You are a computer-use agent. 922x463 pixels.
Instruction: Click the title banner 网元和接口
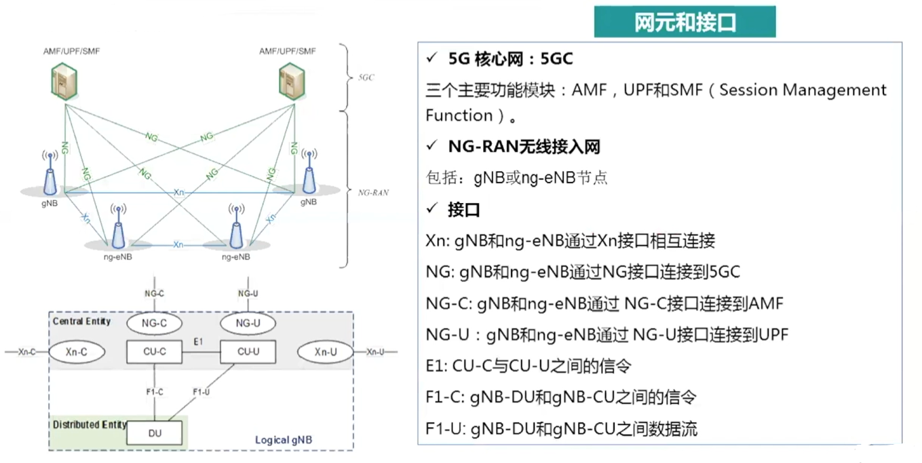(685, 23)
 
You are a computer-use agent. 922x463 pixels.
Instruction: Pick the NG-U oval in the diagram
(248, 323)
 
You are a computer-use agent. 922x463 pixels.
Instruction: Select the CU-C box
(155, 352)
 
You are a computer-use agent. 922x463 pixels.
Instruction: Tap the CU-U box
(248, 352)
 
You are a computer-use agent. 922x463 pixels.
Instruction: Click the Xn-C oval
(77, 352)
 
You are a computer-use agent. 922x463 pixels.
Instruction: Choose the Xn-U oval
(326, 352)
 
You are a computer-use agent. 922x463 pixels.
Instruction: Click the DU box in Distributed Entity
(155, 433)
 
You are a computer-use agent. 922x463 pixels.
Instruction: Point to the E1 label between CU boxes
(198, 341)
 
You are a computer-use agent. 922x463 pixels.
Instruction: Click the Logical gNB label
(284, 440)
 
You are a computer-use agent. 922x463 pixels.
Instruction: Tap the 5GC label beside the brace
(366, 77)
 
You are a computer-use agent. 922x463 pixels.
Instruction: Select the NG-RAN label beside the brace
(373, 192)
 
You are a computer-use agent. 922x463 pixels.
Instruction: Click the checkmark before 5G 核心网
(431, 59)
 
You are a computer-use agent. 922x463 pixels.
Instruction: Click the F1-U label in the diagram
(201, 392)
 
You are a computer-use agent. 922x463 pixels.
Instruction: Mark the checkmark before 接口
(431, 210)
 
